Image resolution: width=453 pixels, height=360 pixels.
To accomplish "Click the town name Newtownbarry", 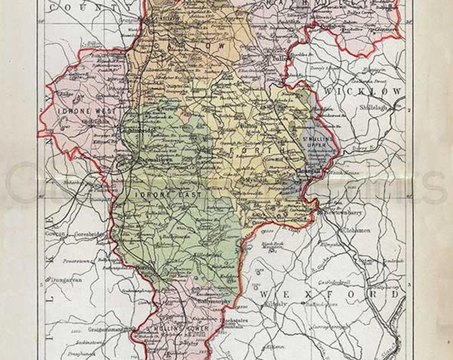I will point(344,212).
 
